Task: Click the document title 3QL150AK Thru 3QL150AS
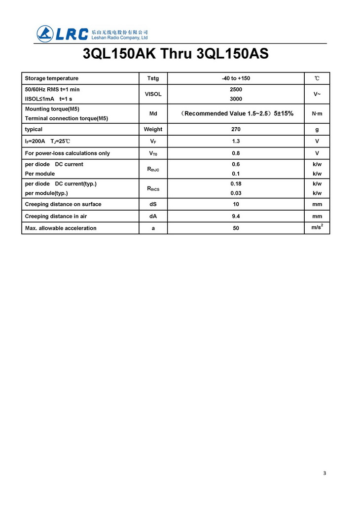[176, 54]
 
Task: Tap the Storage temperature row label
[52, 78]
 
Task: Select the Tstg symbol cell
[153, 78]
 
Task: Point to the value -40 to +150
[236, 78]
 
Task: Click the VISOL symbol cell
[153, 94]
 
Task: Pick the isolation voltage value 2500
[236, 89]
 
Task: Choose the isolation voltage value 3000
[236, 99]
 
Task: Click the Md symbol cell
[153, 114]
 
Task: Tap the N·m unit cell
[317, 114]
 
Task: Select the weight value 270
[236, 130]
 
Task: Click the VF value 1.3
[236, 142]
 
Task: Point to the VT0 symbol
[153, 153]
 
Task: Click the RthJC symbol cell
[153, 169]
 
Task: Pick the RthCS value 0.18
[236, 184]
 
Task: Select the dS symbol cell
[153, 204]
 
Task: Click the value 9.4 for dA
[236, 216]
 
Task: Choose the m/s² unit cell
[317, 227]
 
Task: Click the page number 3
[324, 473]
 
